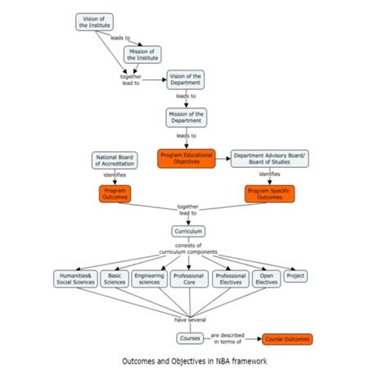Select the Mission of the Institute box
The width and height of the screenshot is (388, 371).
pos(142,54)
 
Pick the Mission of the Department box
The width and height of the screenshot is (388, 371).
pos(187,116)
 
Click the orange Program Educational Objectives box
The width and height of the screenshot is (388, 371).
pos(186,158)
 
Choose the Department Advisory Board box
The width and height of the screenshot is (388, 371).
pos(269,158)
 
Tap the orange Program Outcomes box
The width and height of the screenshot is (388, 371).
pos(115,193)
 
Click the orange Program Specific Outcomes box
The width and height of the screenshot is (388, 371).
pos(270,193)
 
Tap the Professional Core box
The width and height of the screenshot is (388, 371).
pos(189,280)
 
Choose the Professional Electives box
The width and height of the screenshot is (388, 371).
pos(229,280)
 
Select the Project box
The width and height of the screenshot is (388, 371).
pos(296,277)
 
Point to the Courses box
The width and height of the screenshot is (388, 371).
pos(190,337)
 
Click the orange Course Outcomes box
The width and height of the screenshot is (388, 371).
pos(286,337)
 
